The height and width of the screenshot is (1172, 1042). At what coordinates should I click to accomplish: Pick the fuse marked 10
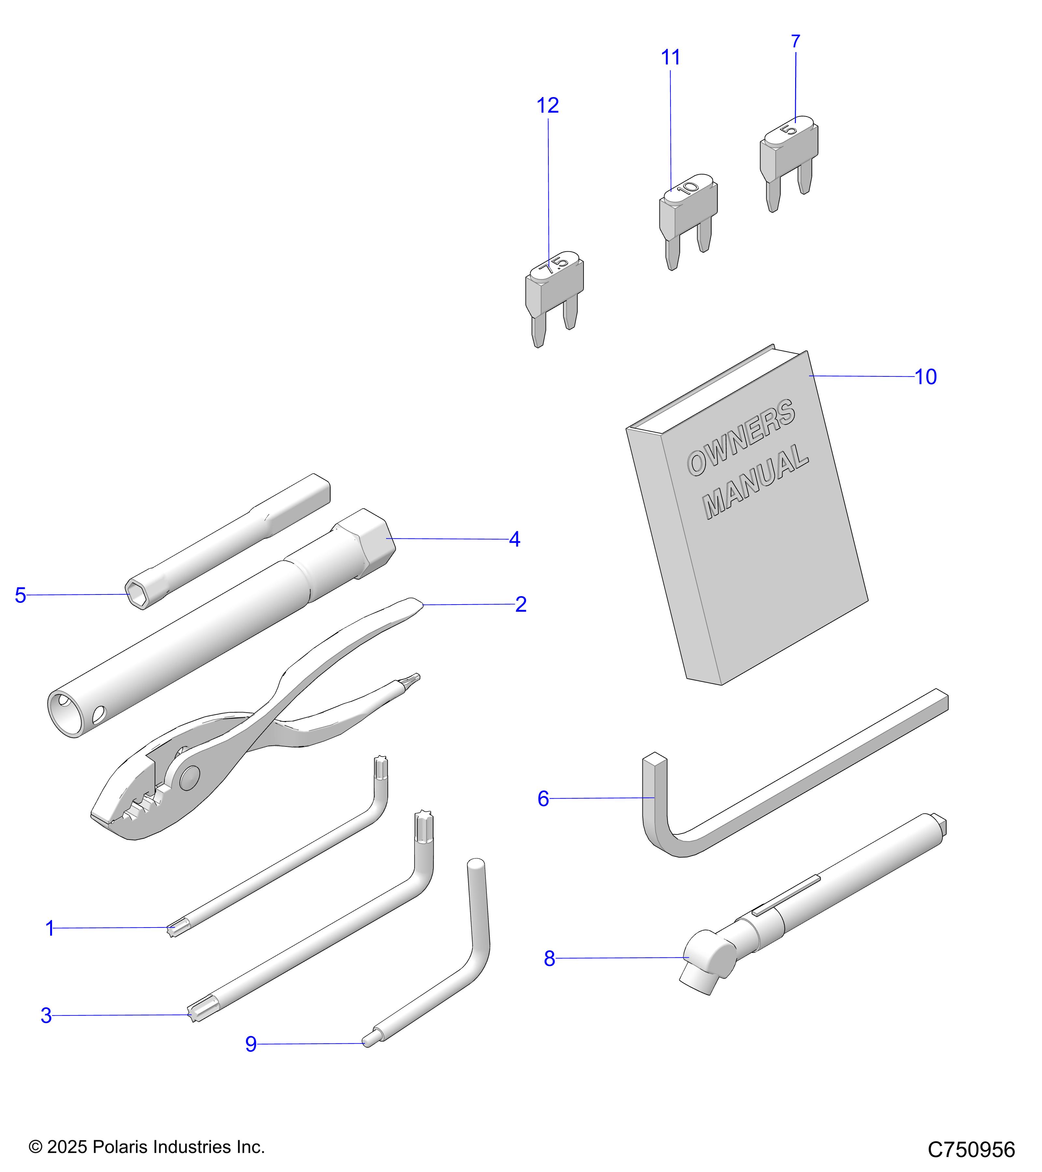point(688,212)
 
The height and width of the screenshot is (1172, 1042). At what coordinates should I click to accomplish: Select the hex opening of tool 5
point(135,594)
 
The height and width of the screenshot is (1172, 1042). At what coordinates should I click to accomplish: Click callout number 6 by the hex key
point(543,798)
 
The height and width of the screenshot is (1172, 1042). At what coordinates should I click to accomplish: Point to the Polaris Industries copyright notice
point(147,1147)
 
